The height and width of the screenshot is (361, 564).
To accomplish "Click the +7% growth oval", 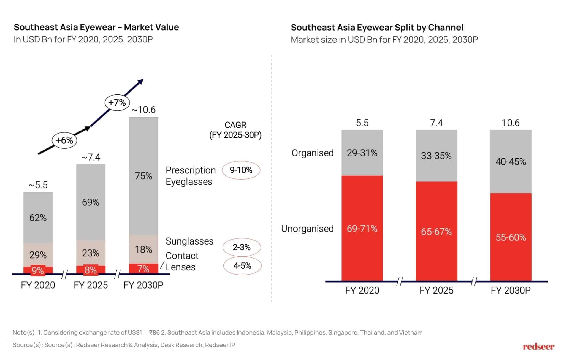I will (x=117, y=103).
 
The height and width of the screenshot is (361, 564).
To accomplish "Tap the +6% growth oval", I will (x=64, y=140).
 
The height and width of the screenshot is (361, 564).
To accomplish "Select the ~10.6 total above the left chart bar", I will (x=143, y=110).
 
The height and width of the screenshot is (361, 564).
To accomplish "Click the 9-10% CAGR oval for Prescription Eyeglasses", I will (x=241, y=170).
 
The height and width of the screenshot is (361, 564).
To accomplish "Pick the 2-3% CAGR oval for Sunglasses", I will (x=242, y=247).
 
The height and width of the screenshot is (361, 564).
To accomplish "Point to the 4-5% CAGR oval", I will (x=242, y=266).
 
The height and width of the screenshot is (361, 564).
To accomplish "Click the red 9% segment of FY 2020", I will (x=38, y=270).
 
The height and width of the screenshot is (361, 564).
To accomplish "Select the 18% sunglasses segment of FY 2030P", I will (x=143, y=249).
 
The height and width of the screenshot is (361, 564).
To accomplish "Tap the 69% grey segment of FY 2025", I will (x=91, y=202).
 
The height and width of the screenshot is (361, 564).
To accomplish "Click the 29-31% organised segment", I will (x=362, y=153).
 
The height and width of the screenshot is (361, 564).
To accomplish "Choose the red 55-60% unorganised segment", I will (x=511, y=237).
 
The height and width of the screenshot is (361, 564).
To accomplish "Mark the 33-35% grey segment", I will (x=436, y=156).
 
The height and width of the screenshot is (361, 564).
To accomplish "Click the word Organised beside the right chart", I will (x=313, y=153).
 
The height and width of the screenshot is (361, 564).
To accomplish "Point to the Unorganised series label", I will (x=307, y=229).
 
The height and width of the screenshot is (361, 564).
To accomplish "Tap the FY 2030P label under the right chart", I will (x=511, y=291).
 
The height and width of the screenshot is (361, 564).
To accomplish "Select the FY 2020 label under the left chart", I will (x=38, y=285).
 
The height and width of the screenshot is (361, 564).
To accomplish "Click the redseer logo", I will (x=538, y=347).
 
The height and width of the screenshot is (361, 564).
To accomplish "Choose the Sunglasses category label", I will (x=189, y=241).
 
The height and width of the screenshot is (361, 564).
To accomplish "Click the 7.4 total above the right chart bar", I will (x=436, y=123).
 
